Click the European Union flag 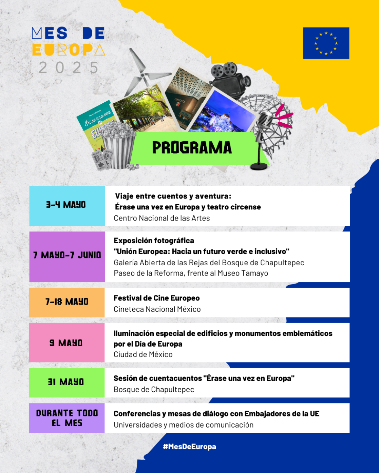(326, 43)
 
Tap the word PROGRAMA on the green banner (192, 148)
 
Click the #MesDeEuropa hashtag (189, 447)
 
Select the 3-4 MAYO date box (67, 205)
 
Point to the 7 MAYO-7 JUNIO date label (67, 255)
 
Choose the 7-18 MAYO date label (67, 302)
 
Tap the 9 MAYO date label (66, 343)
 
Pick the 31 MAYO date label (66, 382)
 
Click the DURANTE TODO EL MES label (67, 418)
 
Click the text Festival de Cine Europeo (156, 298)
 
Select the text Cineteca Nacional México (157, 309)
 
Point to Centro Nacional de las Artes (162, 218)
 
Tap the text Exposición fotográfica (154, 241)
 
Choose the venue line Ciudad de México (143, 354)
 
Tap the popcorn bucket (119, 146)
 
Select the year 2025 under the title (69, 68)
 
